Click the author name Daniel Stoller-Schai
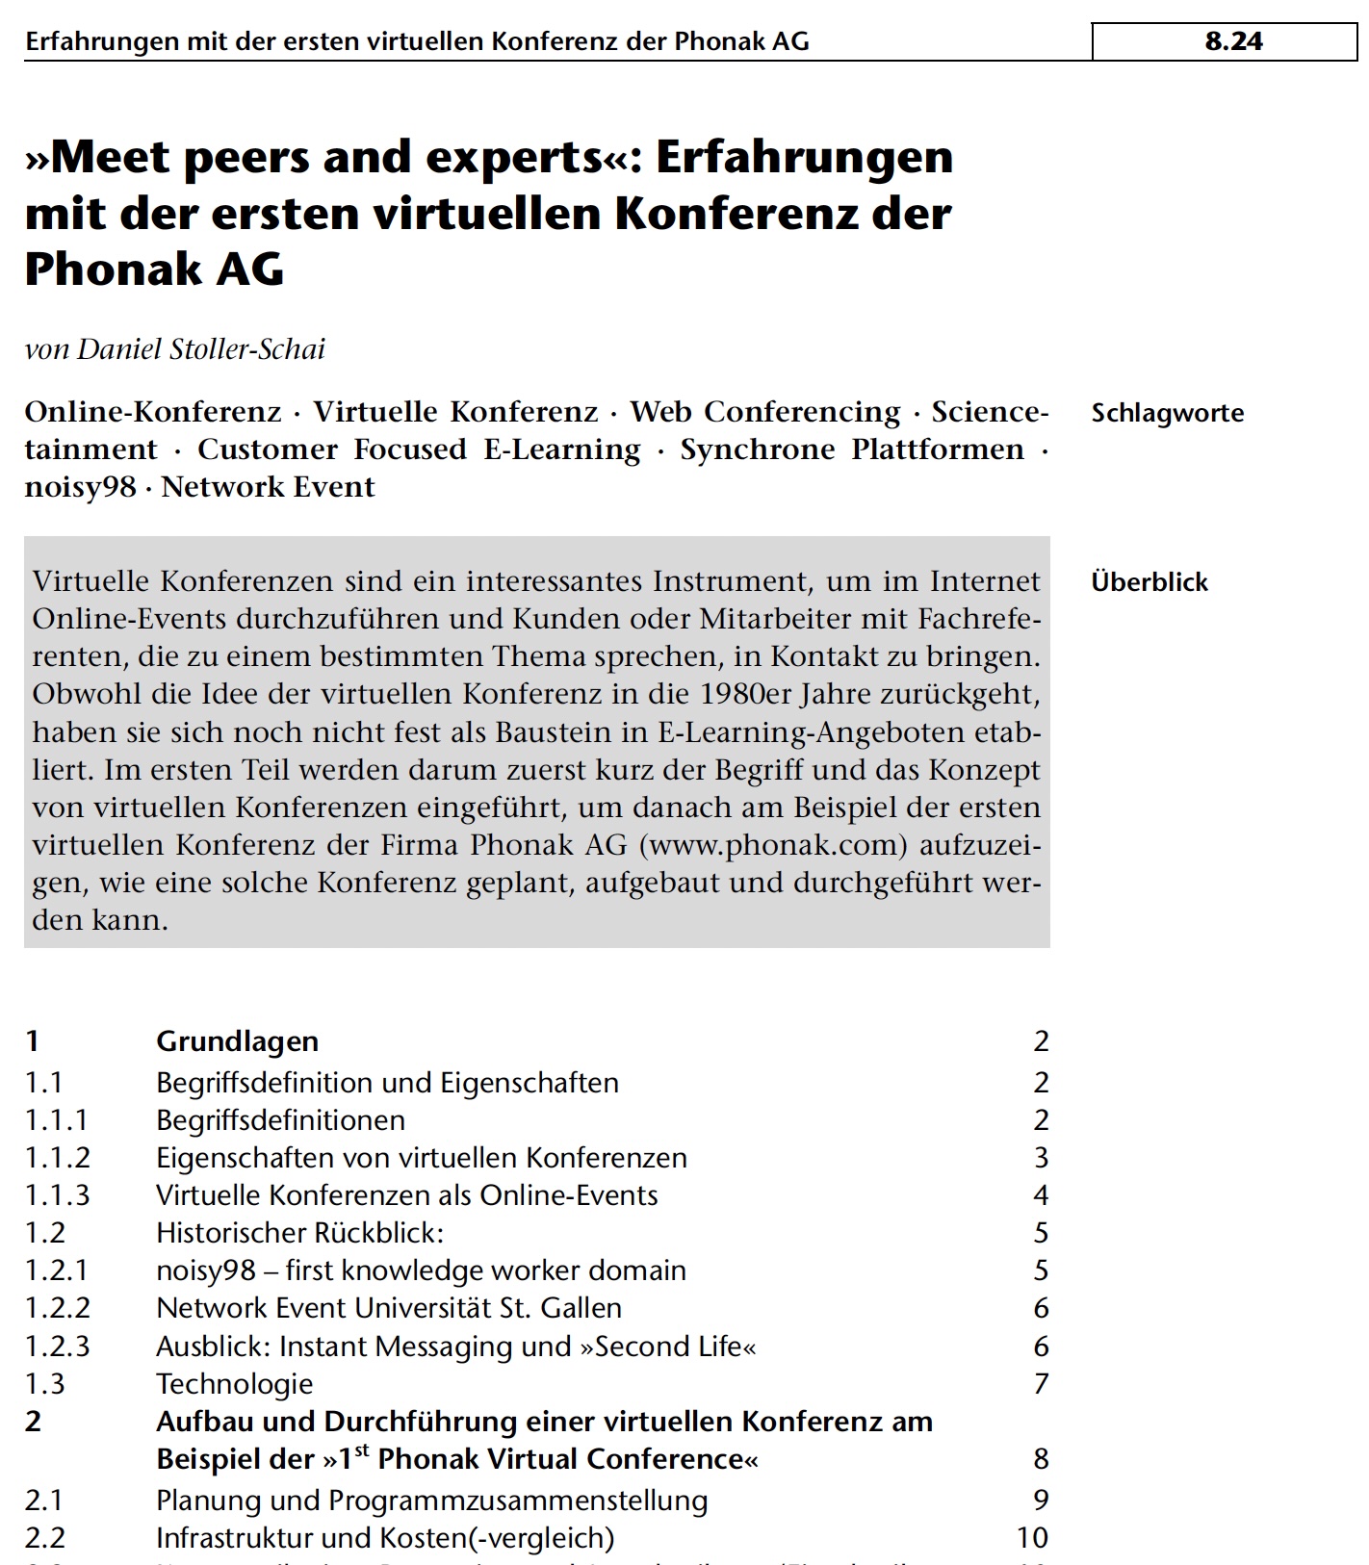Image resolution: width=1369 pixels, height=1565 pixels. pos(201,348)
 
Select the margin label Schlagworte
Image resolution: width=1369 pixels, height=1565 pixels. pos(1167,413)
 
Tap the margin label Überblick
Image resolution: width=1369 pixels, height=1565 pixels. pos(1149,581)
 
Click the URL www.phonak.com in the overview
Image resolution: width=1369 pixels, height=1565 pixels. pos(773,844)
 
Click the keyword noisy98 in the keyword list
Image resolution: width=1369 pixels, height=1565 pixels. pos(80,487)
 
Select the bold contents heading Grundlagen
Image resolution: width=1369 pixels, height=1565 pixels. pos(237,1040)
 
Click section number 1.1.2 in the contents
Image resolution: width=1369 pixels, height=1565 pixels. pos(57,1157)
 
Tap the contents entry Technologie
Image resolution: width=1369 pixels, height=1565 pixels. pos(234,1383)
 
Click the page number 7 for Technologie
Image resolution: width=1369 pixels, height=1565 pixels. pos(1041,1383)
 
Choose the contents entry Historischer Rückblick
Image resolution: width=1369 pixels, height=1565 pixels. pos(299,1232)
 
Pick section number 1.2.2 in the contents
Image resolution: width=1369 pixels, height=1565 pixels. pos(57,1308)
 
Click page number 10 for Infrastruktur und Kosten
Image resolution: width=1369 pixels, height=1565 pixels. pos(1032,1537)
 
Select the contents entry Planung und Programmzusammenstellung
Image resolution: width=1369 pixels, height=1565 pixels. pos(431,1500)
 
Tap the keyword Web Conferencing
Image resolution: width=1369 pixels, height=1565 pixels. pos(765,412)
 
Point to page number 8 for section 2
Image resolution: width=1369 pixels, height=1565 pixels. pos(1041,1459)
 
